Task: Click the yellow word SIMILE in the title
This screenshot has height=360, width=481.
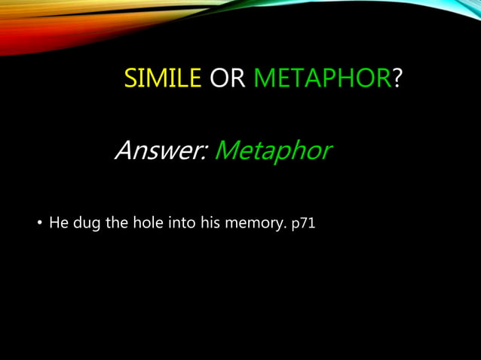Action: coord(162,78)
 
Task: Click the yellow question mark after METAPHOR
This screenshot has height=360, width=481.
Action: coord(397,78)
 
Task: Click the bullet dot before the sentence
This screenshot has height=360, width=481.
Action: coord(39,224)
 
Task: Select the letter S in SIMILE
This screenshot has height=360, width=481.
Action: coord(130,78)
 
